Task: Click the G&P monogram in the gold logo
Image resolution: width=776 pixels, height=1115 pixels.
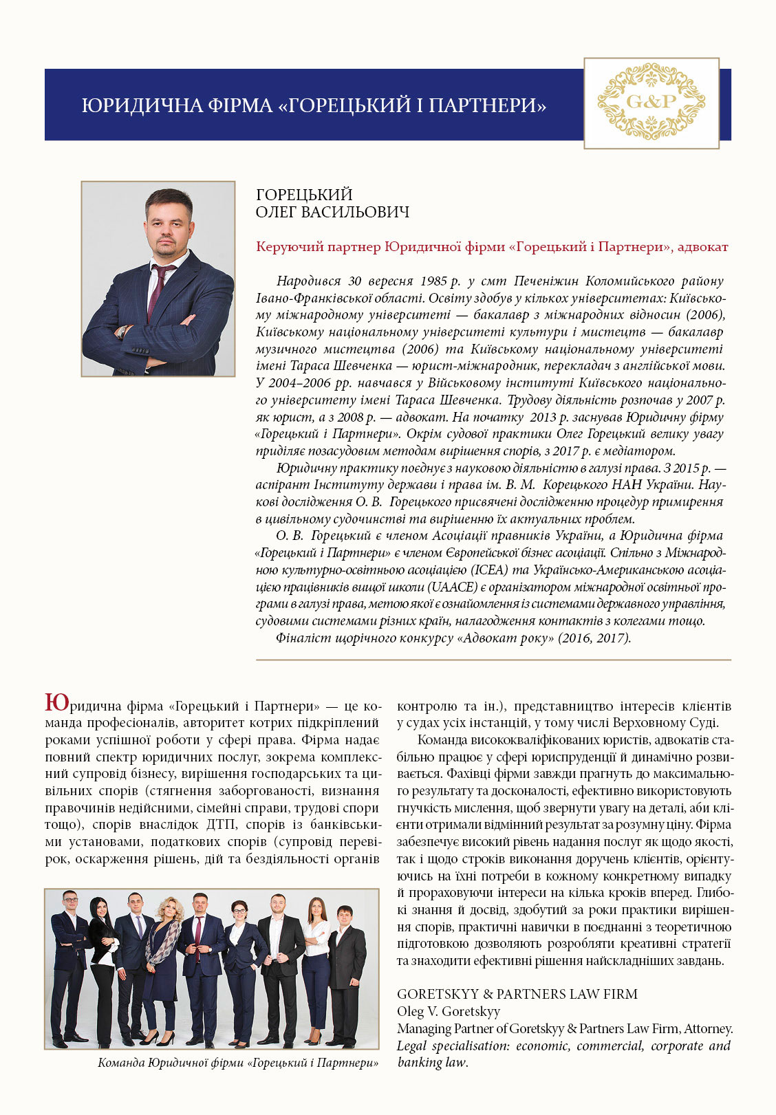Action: [x=651, y=102]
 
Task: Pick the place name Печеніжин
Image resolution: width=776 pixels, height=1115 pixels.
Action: [x=546, y=281]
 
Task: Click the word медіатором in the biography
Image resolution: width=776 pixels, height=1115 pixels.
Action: [x=640, y=451]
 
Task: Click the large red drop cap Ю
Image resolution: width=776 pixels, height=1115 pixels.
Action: [x=56, y=702]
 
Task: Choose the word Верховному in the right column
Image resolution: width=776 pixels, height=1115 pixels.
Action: [x=632, y=723]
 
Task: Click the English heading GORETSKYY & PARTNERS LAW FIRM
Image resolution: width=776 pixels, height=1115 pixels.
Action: [x=517, y=994]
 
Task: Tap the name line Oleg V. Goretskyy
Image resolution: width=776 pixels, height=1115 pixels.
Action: [x=449, y=1011]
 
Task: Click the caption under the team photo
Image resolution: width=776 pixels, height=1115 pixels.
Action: [x=238, y=1063]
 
